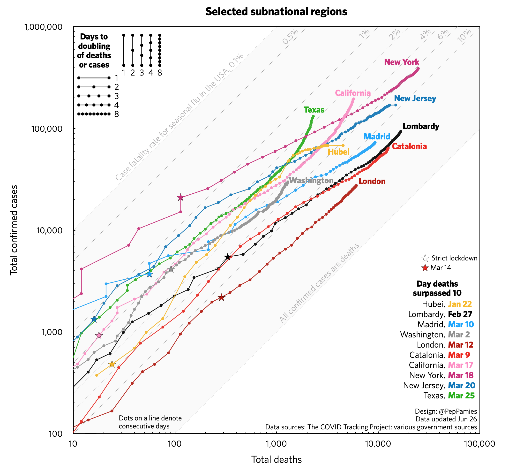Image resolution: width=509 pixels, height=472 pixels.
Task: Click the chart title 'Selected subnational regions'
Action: point(276,12)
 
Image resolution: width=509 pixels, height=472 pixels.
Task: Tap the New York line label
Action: point(401,62)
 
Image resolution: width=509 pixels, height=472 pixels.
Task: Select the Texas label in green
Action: point(314,110)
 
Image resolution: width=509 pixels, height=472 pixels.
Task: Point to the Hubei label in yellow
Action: point(338,152)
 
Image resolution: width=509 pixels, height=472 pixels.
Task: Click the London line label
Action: point(372,181)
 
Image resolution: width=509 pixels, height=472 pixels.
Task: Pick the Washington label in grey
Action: point(311,181)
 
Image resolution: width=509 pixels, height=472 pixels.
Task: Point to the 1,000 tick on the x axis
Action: point(276,444)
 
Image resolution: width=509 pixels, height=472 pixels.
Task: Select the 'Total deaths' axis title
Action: point(276,459)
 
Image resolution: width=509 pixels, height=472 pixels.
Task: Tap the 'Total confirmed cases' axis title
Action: point(14,230)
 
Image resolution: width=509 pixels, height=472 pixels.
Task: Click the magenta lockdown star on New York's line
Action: point(180,197)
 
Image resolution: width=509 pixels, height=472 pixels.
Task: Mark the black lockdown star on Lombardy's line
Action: point(228,257)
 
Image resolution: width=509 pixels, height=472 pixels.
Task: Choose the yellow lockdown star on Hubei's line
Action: point(112,364)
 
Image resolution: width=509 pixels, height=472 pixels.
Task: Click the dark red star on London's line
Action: point(221,297)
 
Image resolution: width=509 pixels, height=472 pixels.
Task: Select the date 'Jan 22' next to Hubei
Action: point(460,304)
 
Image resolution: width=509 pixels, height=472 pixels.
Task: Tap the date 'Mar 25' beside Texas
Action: point(461,396)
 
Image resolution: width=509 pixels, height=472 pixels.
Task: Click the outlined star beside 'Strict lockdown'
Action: point(425,258)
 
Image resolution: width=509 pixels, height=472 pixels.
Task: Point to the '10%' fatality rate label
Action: point(464,35)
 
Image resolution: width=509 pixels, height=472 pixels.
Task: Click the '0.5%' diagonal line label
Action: point(291,37)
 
